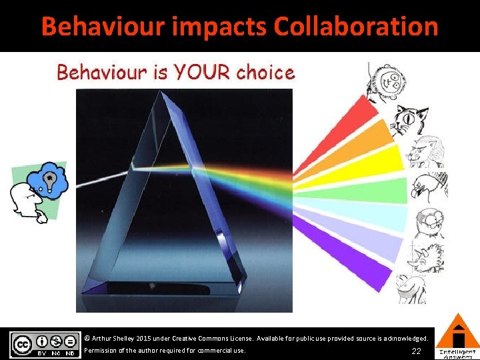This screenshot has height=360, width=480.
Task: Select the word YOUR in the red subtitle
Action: [x=198, y=72]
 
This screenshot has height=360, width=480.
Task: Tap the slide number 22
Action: [x=416, y=351]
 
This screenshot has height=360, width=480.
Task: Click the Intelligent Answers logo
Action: [x=457, y=337]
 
